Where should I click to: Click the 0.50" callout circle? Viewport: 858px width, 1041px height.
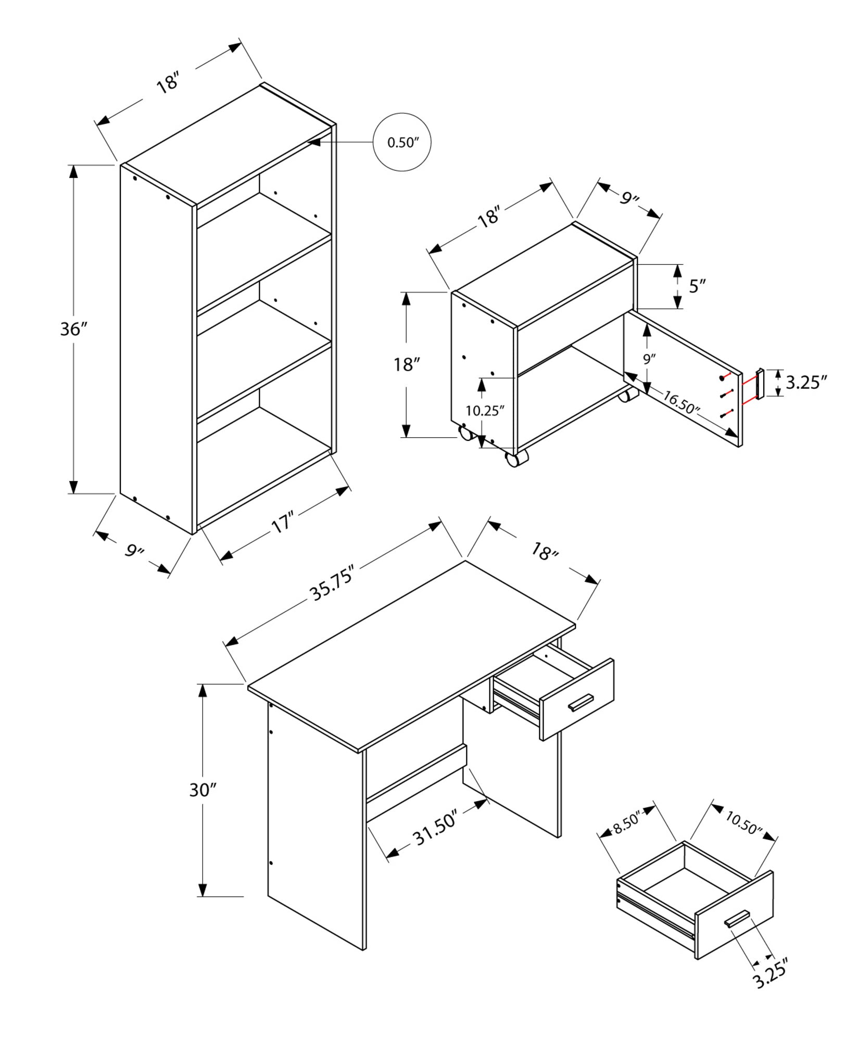(402, 142)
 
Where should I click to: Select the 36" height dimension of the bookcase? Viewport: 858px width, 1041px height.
(73, 329)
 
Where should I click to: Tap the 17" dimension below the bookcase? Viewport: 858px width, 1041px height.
(283, 522)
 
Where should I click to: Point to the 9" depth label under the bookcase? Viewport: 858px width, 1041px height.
(134, 550)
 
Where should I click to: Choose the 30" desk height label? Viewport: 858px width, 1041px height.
(202, 790)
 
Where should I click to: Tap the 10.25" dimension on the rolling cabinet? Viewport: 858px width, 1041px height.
(485, 411)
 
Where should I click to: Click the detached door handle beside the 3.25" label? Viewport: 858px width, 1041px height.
(760, 384)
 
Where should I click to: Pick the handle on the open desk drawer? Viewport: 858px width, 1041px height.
(581, 702)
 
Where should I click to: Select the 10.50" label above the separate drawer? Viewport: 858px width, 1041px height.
(743, 823)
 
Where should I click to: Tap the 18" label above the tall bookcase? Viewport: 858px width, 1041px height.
(168, 83)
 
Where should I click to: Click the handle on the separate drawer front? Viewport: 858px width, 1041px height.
(737, 919)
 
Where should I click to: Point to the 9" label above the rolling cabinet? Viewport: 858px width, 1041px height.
(629, 198)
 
